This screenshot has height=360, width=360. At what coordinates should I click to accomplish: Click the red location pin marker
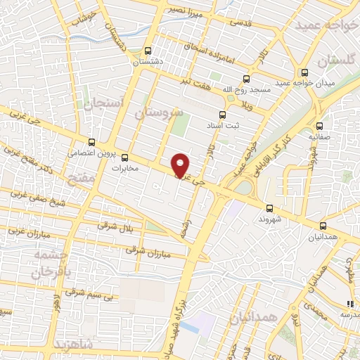[x=181, y=165]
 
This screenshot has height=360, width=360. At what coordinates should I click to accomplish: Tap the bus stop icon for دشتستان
[x=147, y=51]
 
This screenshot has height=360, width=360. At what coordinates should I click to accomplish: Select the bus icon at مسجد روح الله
[x=246, y=79]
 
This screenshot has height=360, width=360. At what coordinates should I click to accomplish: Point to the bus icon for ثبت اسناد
[x=223, y=115]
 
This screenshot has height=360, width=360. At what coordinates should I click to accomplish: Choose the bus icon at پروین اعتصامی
[x=91, y=142]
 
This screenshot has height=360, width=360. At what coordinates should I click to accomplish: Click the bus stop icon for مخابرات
[x=125, y=157]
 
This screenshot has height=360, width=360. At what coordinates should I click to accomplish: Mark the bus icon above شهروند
[x=269, y=208]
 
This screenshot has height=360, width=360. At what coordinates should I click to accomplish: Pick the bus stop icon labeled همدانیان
[x=323, y=226]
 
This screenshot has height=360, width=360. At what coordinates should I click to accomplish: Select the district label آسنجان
[x=103, y=105]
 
